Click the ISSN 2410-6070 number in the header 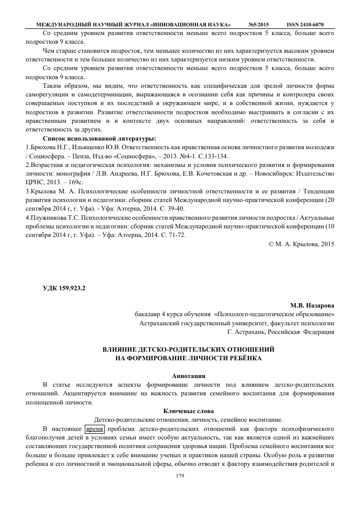pos(305,24)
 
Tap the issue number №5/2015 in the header pos(258,24)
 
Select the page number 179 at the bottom pos(179,476)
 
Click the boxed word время pos(94,428)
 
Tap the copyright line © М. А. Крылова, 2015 pos(301,244)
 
